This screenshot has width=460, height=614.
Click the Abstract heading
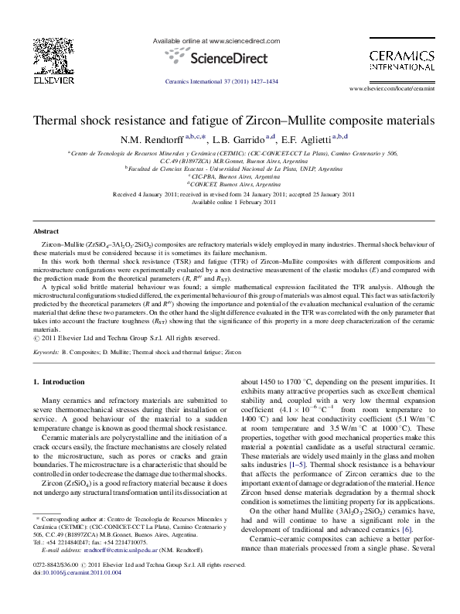(x=46, y=231)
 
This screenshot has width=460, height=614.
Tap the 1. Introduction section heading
(x=59, y=382)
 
